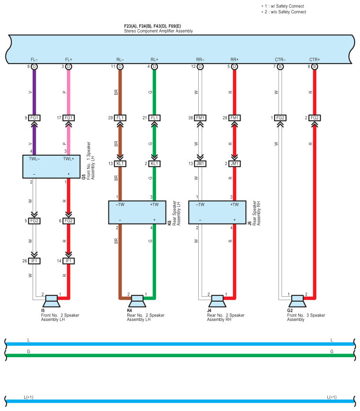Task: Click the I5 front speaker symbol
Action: coord(51,301)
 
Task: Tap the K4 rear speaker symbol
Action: coord(137,301)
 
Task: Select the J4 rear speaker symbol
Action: coord(217,301)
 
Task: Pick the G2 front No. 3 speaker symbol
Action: coord(297,301)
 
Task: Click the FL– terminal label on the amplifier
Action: coord(34,60)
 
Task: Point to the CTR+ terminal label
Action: coord(315,60)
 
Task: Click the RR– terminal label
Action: coord(200,60)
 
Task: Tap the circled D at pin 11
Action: coord(120,67)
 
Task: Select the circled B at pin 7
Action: coord(280,67)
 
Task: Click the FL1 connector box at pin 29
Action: coord(120,118)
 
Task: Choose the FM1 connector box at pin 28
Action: coord(234,118)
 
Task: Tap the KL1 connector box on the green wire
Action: coord(155,164)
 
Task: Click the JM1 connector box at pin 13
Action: coord(200,164)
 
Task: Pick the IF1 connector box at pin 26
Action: coord(34,261)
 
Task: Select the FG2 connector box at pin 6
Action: coord(69,220)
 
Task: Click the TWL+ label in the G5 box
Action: coord(69,159)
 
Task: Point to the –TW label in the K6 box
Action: coord(120,205)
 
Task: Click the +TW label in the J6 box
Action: coord(234,205)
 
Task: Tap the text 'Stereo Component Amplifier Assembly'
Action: coord(158,31)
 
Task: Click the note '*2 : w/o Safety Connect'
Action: coord(284,12)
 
